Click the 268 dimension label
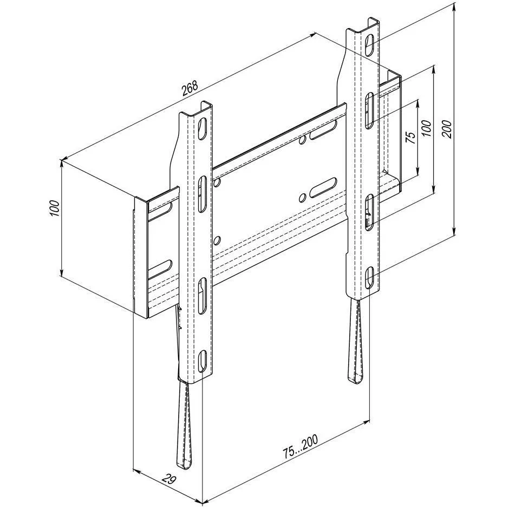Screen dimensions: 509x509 tap(189, 88)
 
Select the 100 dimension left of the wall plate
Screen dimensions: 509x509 tap(54, 208)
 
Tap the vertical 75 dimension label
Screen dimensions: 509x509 tap(411, 138)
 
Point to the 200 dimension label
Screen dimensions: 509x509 tap(446, 129)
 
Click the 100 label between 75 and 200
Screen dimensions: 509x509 tap(427, 128)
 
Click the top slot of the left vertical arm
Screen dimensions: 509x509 tap(201, 128)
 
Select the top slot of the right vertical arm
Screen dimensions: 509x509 tap(369, 43)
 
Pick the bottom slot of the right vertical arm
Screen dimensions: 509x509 tap(369, 277)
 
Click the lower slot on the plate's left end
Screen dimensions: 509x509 tap(160, 269)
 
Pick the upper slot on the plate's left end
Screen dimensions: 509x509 tap(161, 210)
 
